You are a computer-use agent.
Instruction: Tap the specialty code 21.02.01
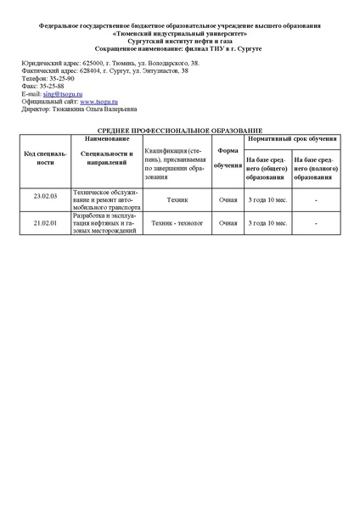pyautogui.click(x=45, y=223)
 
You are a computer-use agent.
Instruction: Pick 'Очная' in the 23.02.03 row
pyautogui.click(x=228, y=201)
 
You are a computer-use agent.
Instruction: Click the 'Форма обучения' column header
pyautogui.click(x=228, y=159)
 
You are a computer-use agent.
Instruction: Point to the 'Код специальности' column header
pyautogui.click(x=45, y=159)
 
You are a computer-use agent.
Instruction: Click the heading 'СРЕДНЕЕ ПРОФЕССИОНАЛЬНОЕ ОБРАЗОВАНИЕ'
pyautogui.click(x=179, y=129)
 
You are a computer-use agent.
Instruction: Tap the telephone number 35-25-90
pyautogui.click(x=60, y=79)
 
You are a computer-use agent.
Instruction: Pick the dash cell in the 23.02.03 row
pyautogui.click(x=315, y=201)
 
